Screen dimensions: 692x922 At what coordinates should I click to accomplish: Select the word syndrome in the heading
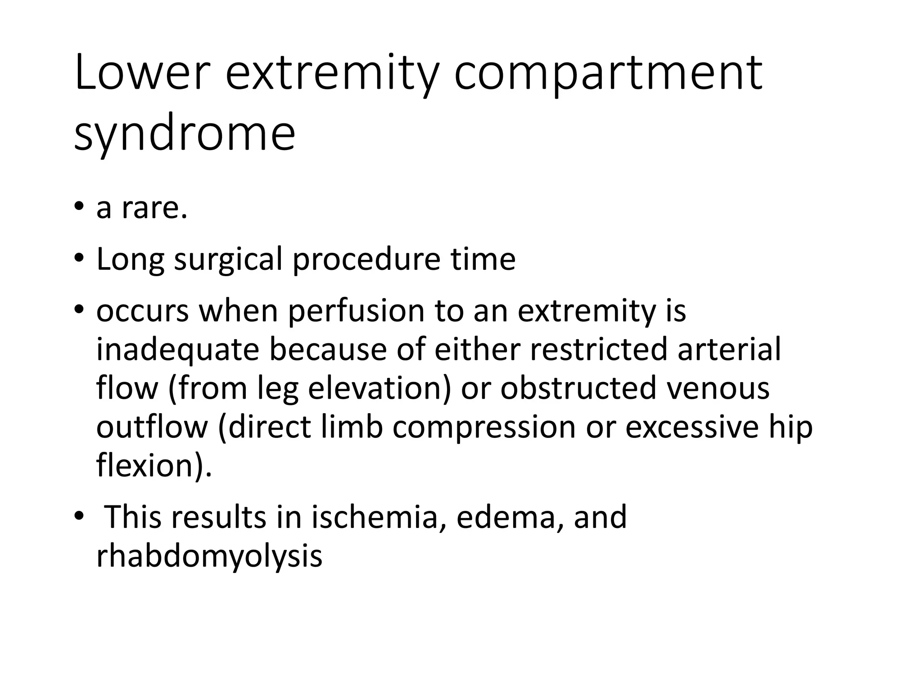pyautogui.click(x=185, y=133)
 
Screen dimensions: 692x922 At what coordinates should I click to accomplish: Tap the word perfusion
pyautogui.click(x=356, y=311)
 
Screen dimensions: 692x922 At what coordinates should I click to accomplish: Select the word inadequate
pyautogui.click(x=178, y=350)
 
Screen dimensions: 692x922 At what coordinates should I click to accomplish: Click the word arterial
pyautogui.click(x=729, y=350)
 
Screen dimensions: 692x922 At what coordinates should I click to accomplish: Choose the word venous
pyautogui.click(x=718, y=388)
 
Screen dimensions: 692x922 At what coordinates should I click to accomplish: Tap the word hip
pyautogui.click(x=791, y=427)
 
